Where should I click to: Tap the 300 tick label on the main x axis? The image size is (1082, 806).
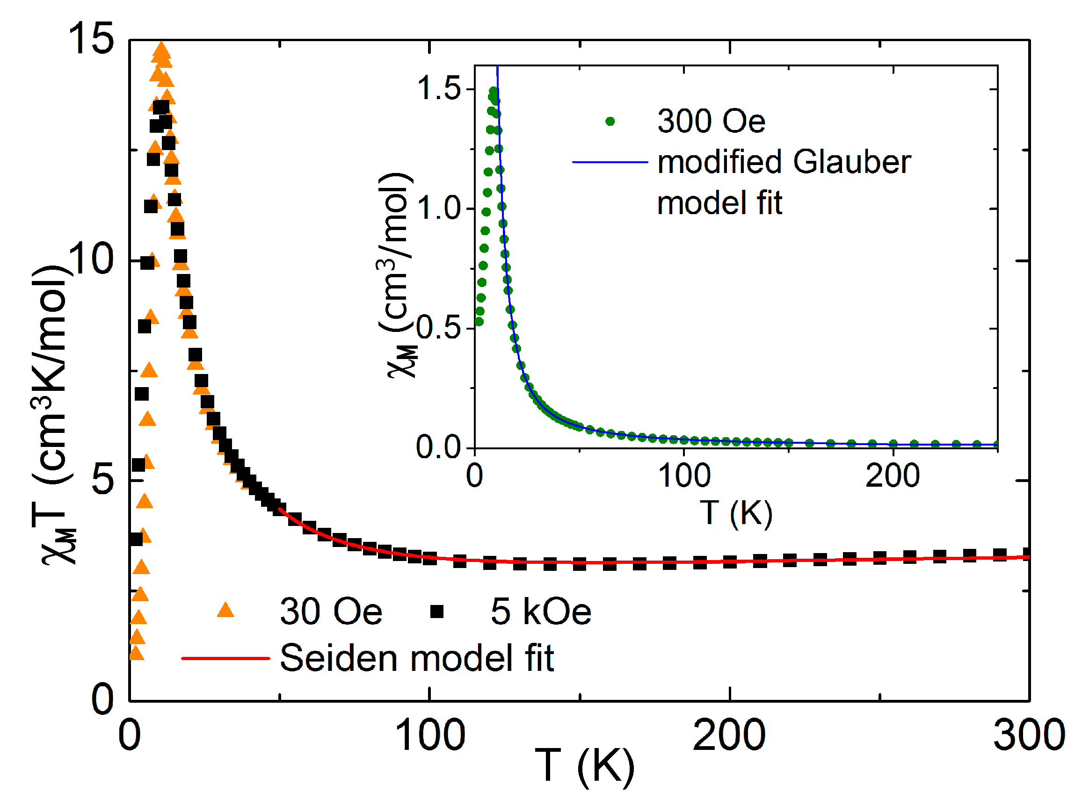1028,735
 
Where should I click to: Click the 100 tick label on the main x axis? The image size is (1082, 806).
429,735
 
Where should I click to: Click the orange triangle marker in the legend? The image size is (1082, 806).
225,611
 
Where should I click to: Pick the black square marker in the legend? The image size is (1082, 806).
436,611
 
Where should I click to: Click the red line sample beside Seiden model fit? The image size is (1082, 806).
225,658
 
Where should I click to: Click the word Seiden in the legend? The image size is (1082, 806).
339,658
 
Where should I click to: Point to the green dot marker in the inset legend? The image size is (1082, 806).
610,121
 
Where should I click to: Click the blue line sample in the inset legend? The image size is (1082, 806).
610,161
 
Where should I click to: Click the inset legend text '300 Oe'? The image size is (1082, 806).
711,121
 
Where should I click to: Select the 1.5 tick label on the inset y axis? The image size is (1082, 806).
438,88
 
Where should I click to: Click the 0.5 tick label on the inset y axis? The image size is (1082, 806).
438,327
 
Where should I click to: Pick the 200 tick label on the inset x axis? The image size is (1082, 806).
892,475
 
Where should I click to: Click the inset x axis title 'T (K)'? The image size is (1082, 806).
736,513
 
